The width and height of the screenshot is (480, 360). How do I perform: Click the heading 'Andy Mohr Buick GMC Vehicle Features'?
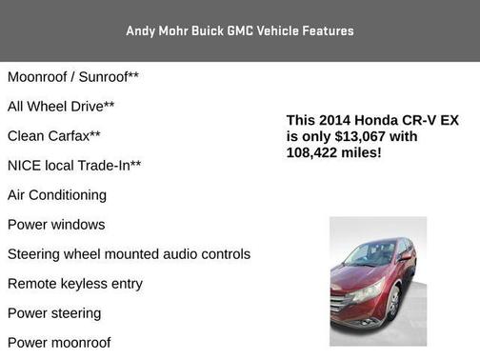[x=239, y=30]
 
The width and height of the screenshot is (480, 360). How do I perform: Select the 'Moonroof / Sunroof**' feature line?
[x=73, y=76]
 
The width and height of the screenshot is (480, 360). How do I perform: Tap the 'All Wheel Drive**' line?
[x=61, y=106]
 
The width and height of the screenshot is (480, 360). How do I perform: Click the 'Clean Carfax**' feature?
[x=54, y=135]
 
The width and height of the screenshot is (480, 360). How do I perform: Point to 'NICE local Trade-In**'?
[x=74, y=165]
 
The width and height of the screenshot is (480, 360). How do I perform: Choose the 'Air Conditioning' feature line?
[x=57, y=194]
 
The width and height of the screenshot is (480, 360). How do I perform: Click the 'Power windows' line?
[x=56, y=224]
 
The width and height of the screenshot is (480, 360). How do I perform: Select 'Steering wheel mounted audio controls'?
[x=129, y=253]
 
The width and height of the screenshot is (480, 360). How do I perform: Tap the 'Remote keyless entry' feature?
[x=75, y=283]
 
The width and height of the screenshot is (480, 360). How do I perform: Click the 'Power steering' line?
[x=54, y=312]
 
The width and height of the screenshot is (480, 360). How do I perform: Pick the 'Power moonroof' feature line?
[x=59, y=342]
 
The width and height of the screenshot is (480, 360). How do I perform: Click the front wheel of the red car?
[x=392, y=306]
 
